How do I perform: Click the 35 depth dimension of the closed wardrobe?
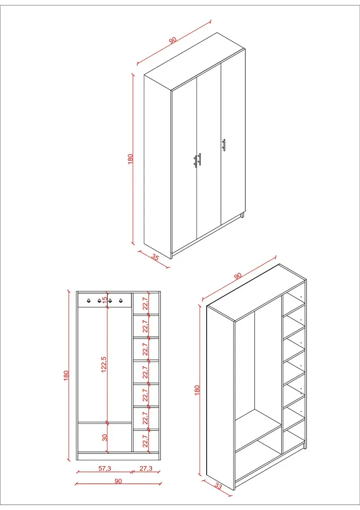coord(155,258)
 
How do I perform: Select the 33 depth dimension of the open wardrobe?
coord(218,486)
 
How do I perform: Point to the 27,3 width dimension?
coord(145,468)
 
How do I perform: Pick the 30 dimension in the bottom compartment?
coord(105,437)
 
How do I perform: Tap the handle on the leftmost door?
coord(195,161)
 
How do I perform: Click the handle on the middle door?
coord(199,159)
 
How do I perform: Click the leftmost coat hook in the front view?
coord(88,300)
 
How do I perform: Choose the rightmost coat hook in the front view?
coord(120,300)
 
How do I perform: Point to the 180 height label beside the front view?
coord(66,375)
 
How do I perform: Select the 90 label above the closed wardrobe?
coord(173,40)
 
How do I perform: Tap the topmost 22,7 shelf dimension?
coord(145,303)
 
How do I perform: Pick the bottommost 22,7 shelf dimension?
coord(145,441)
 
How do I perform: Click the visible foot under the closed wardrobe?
coord(242,216)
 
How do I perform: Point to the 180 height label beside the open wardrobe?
coord(197,390)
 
